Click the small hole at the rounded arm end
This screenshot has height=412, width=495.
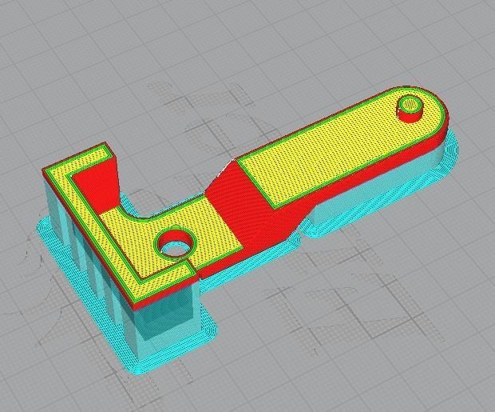[410, 105]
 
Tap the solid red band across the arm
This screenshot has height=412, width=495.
[240, 204]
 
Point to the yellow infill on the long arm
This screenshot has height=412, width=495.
[335, 152]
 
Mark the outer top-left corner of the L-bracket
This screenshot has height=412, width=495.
[46, 170]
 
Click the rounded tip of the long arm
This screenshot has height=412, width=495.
[441, 112]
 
